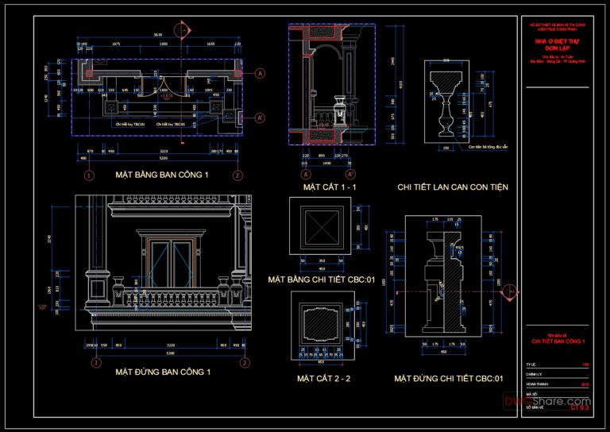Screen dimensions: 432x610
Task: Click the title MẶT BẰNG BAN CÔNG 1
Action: click(x=162, y=175)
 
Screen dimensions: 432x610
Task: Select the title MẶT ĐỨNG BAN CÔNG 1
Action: click(x=163, y=372)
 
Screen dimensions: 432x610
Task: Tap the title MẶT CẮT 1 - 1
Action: click(x=330, y=187)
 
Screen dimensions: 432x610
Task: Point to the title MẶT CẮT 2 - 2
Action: click(x=324, y=379)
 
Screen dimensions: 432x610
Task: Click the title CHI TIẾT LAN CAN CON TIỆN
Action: click(x=453, y=187)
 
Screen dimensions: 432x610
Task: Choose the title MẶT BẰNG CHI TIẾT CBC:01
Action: click(x=322, y=280)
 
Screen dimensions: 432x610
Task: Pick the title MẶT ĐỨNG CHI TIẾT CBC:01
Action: click(x=449, y=379)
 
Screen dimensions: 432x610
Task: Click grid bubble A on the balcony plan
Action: click(x=260, y=73)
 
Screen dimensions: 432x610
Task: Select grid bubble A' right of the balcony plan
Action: click(x=260, y=118)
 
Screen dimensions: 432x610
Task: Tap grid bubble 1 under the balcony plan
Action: click(x=89, y=175)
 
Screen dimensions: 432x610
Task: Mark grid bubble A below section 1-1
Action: click(x=305, y=174)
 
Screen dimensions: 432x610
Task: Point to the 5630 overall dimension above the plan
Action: click(x=158, y=35)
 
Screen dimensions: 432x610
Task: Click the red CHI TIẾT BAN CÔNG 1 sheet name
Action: click(x=558, y=341)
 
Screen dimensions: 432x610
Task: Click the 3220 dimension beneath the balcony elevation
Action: click(x=165, y=345)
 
